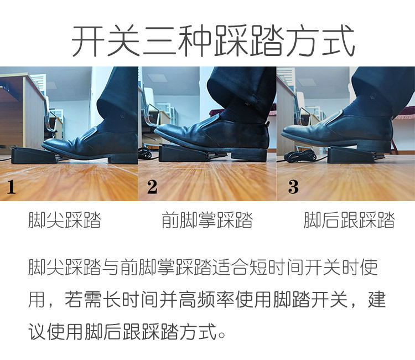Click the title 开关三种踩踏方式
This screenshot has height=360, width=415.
(213, 40)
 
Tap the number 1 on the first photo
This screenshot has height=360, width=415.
(11, 187)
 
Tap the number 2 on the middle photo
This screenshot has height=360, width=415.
(152, 187)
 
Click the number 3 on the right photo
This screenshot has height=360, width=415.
(293, 187)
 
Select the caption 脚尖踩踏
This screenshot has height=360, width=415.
(65, 220)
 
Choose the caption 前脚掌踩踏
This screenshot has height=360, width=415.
(207, 220)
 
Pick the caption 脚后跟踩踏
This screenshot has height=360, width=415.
(349, 220)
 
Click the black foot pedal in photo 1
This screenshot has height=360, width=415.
(34, 156)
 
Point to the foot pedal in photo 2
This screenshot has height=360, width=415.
(183, 153)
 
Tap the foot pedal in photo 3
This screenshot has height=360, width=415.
(347, 155)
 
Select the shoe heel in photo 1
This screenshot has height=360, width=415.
(122, 160)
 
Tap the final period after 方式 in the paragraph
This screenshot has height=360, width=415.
(221, 335)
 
